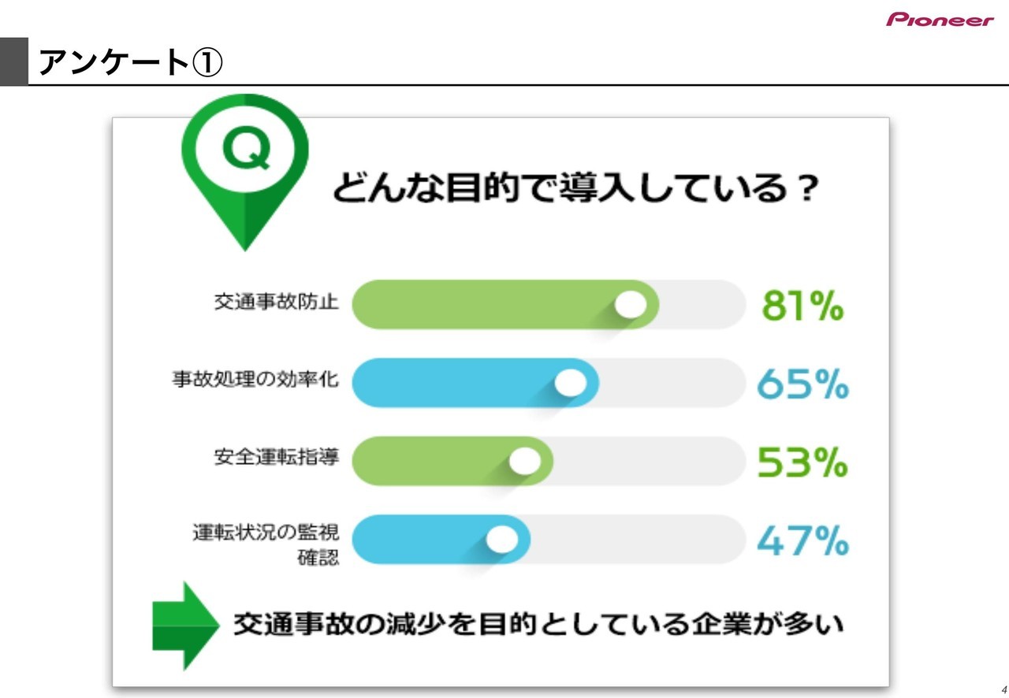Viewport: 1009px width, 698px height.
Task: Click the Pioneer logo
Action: tap(940, 20)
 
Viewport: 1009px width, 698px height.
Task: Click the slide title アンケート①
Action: tap(130, 62)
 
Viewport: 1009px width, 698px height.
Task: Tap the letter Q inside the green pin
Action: tap(247, 149)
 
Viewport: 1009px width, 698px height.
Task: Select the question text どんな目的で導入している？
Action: tap(575, 187)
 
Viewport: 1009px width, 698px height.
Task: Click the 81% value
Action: tap(802, 306)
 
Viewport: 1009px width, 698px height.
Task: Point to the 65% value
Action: tap(802, 384)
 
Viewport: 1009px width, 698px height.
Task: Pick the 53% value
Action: tap(802, 462)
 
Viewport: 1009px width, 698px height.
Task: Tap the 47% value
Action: tap(802, 540)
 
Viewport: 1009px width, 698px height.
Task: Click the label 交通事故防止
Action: tap(276, 301)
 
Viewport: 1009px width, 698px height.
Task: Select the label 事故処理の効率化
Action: tap(255, 379)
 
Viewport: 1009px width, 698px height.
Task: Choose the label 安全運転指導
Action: tap(276, 457)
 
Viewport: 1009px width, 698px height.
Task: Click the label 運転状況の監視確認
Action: tap(266, 544)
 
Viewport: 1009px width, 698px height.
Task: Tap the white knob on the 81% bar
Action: tap(631, 304)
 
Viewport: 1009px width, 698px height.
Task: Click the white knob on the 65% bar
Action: tap(570, 383)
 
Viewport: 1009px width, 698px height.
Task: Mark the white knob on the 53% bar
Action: tap(525, 461)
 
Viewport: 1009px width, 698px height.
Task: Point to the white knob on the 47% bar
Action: tap(502, 539)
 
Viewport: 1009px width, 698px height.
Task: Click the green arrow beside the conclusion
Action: tap(185, 626)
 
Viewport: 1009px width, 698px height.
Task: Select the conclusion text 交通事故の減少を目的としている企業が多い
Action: tap(538, 625)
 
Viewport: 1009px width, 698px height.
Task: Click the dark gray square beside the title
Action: tap(14, 61)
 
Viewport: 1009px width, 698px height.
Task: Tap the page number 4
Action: tap(1004, 689)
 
